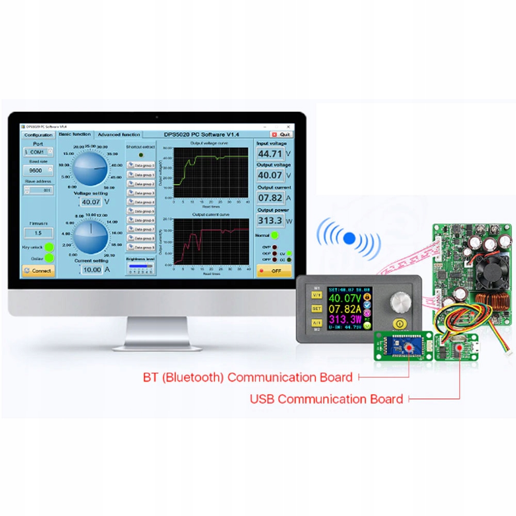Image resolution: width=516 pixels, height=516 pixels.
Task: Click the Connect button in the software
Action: (38, 270)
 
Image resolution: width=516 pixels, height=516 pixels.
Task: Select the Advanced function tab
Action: (119, 135)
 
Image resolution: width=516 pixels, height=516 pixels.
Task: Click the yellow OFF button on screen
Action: (274, 271)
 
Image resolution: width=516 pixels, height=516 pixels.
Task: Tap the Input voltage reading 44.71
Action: (270, 154)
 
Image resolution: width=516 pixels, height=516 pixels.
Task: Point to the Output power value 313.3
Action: (270, 221)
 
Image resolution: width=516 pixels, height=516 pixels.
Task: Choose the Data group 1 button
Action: (141, 174)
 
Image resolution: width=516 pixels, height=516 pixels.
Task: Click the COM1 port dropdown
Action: (38, 153)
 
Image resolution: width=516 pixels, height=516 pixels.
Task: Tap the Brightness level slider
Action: (140, 267)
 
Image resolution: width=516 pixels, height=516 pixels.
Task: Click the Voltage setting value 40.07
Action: (91, 202)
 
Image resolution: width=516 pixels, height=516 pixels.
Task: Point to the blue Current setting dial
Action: (91, 236)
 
